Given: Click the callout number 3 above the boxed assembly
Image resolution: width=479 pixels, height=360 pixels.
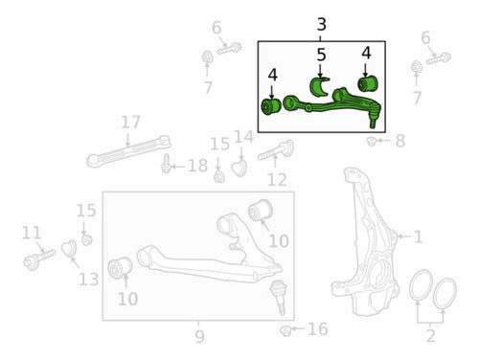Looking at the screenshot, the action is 322,25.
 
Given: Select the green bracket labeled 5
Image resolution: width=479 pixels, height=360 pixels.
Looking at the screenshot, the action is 318,86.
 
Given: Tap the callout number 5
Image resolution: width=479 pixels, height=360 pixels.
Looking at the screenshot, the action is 321,55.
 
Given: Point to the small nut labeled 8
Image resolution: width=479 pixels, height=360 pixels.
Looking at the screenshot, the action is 371,141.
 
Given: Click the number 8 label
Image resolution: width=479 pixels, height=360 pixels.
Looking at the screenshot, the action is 400,141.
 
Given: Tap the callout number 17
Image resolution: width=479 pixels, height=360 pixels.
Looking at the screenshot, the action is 130,123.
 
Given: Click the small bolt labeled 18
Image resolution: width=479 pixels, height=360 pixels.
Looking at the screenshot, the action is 166,164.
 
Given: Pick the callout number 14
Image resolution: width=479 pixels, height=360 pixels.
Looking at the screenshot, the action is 244,137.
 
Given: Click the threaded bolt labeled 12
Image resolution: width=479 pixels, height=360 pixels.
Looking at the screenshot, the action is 276,151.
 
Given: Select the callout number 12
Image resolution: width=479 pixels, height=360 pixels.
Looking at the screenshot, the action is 277,180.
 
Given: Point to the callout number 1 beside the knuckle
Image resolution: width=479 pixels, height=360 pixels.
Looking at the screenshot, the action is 418,236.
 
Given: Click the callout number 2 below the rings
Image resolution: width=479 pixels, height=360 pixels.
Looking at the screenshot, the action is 430,336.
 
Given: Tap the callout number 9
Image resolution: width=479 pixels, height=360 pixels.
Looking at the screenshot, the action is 199,336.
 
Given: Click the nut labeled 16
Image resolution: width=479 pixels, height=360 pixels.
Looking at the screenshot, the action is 285,330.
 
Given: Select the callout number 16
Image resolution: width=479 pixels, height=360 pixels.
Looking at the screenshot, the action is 318,329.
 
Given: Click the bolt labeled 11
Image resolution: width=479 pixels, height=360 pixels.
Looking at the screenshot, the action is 39,259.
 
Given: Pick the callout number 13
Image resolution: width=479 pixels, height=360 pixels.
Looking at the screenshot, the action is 89,280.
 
